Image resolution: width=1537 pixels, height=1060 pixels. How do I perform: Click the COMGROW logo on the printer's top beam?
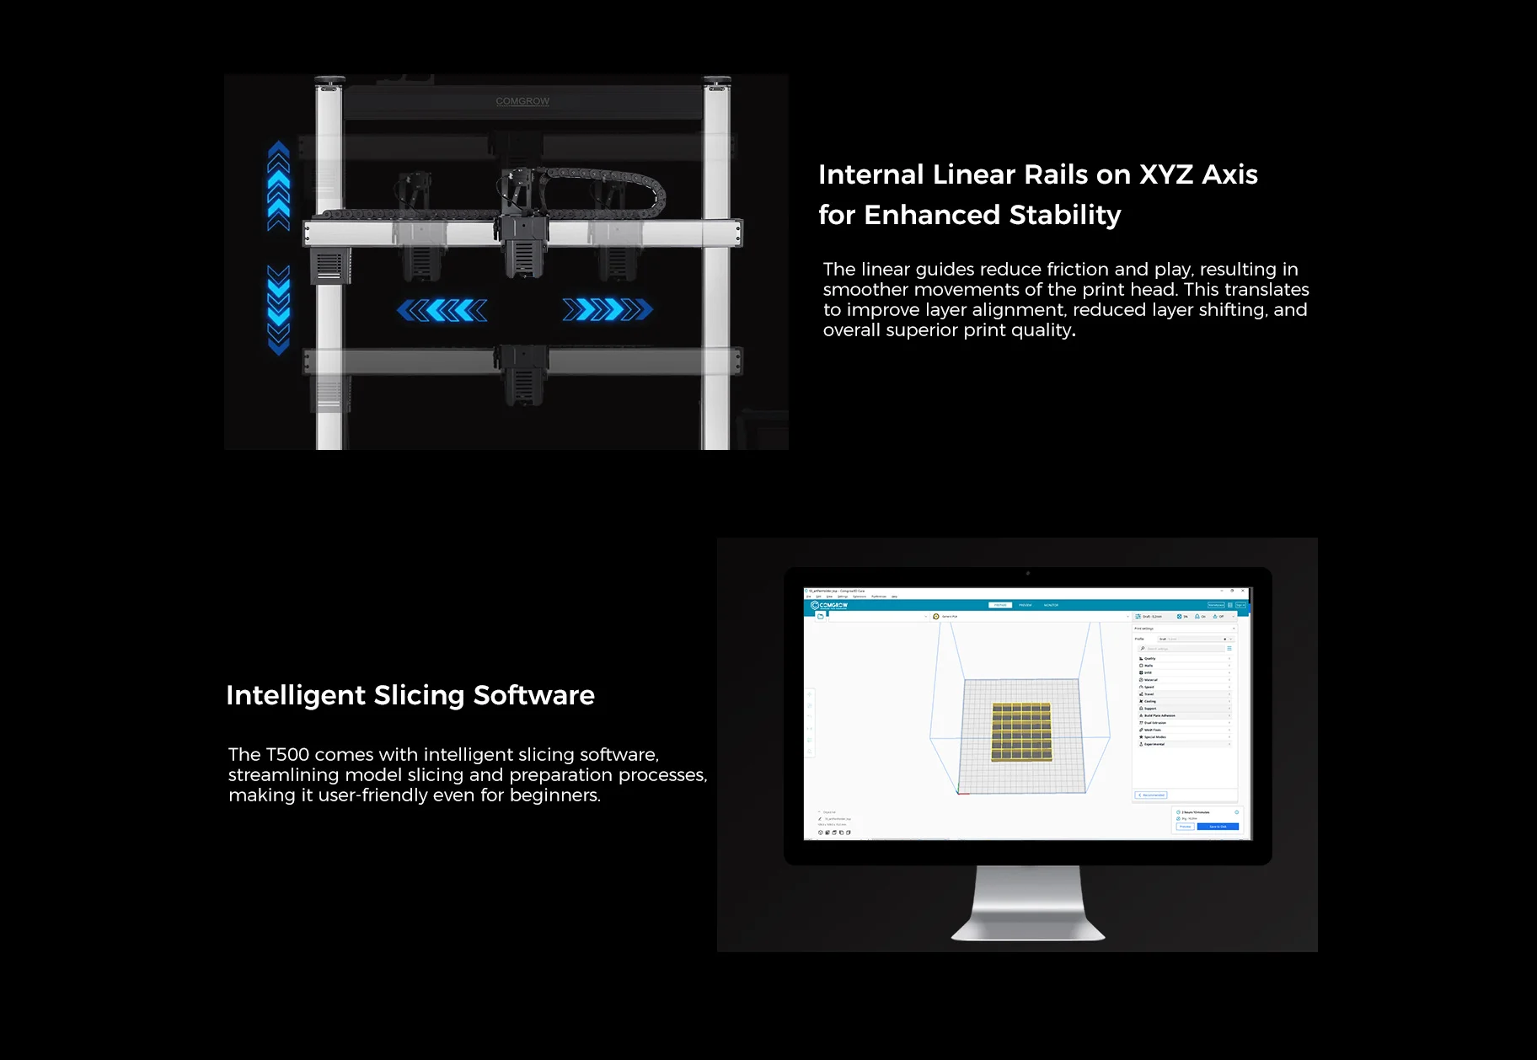(x=522, y=101)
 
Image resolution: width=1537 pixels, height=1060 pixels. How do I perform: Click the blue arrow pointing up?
(x=279, y=185)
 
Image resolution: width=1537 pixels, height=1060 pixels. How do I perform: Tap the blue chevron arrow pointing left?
(x=442, y=310)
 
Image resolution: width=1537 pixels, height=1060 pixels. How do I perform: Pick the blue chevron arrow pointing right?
(x=608, y=310)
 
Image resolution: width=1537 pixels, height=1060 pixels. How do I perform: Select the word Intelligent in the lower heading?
(x=296, y=695)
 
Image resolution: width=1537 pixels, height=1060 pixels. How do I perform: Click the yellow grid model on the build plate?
(x=1021, y=731)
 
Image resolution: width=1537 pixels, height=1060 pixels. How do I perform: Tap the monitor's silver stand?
(x=1028, y=906)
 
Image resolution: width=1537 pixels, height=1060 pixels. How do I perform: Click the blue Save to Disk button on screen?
(x=1218, y=827)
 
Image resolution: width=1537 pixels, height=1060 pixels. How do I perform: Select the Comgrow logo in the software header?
(x=829, y=605)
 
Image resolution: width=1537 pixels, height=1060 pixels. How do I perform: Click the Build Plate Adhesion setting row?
(x=1159, y=715)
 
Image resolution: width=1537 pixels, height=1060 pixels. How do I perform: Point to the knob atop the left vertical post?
(x=329, y=83)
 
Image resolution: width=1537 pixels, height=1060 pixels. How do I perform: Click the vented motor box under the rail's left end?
(x=329, y=265)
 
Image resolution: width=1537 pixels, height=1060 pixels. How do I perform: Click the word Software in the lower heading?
(x=533, y=695)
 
